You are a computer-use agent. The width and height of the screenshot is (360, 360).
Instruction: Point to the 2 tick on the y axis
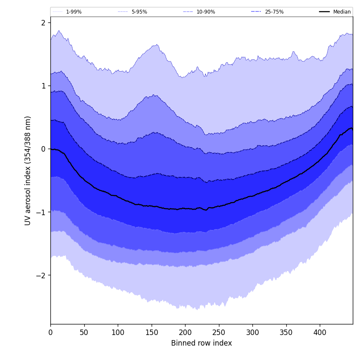tap(43, 23)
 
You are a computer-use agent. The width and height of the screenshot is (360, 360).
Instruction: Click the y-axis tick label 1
tap(43, 86)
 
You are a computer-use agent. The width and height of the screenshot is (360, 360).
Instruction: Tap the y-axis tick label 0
tap(43, 149)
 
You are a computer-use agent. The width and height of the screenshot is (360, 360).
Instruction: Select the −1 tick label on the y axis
tap(41, 212)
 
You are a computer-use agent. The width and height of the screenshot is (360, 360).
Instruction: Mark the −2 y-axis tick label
tap(41, 275)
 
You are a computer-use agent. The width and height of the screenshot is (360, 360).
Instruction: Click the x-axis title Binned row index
tap(202, 343)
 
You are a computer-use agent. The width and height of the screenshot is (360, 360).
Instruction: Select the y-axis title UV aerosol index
tap(28, 170)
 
